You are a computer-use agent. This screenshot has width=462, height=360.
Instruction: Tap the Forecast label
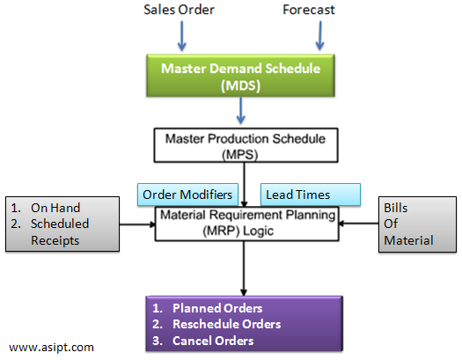point(310,11)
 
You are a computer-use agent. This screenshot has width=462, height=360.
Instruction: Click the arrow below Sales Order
point(180,34)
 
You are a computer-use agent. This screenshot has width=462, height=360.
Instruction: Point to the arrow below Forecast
point(320,34)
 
